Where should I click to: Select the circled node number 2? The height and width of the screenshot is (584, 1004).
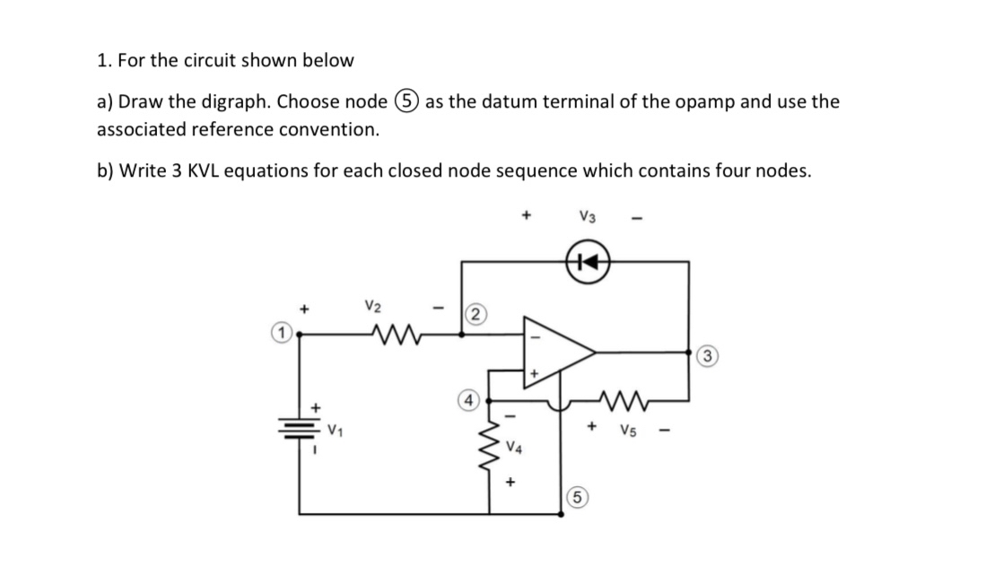click(x=476, y=313)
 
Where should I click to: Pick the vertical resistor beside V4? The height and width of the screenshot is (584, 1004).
click(x=490, y=442)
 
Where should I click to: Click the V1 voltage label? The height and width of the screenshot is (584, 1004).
click(x=336, y=432)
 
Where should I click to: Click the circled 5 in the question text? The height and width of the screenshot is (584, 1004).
click(x=408, y=101)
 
